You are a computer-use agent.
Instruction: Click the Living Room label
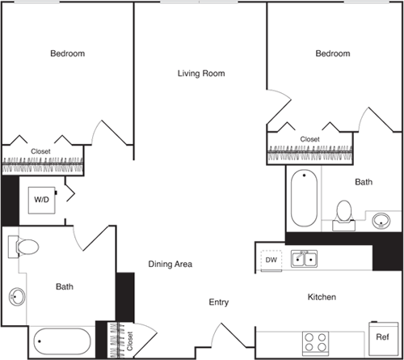(x=200, y=74)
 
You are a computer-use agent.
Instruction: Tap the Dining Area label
(x=170, y=264)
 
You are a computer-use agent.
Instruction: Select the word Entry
(x=219, y=302)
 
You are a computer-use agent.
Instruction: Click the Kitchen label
(x=321, y=298)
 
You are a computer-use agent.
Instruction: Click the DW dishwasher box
(x=270, y=260)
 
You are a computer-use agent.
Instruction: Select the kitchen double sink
(x=304, y=259)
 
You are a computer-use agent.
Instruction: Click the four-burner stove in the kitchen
(x=314, y=341)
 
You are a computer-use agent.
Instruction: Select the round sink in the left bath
(x=16, y=297)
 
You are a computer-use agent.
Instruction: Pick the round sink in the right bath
(x=381, y=218)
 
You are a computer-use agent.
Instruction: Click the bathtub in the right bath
(x=305, y=198)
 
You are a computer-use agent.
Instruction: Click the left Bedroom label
(x=68, y=53)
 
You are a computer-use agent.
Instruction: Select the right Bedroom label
(x=333, y=53)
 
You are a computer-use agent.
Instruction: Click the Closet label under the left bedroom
(x=40, y=151)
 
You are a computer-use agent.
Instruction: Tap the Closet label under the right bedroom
(x=309, y=139)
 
